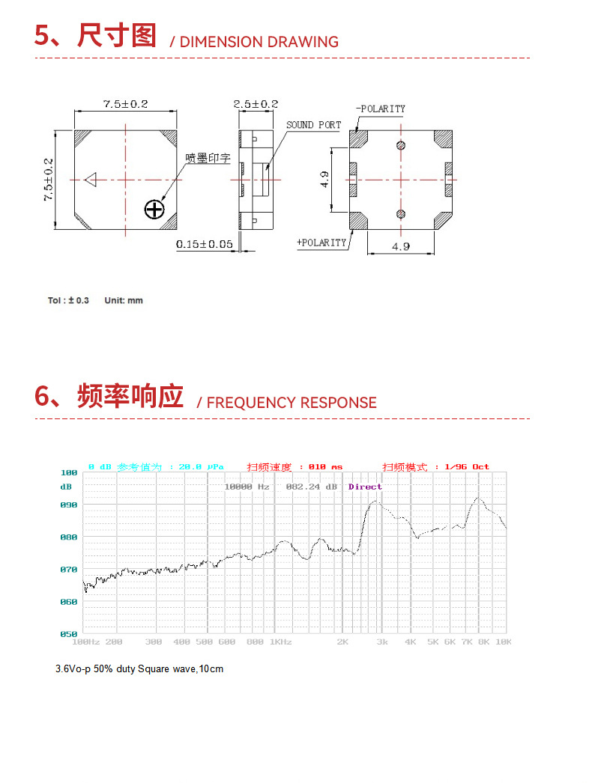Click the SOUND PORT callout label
(x=313, y=125)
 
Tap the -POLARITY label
(x=381, y=109)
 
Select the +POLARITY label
(x=322, y=243)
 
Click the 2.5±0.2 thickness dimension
(x=256, y=104)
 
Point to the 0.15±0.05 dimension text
(x=205, y=244)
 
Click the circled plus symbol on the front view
(x=154, y=209)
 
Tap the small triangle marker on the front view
(x=91, y=180)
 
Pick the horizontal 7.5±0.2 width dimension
(x=125, y=104)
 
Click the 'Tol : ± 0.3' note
(x=68, y=300)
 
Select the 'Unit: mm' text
(x=123, y=300)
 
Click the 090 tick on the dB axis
(x=69, y=505)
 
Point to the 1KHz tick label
(x=280, y=642)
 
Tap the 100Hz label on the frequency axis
(x=85, y=642)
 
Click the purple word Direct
(x=365, y=487)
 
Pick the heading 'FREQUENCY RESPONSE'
(x=292, y=403)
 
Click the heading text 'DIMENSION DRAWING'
(x=259, y=42)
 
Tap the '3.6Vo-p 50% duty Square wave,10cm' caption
(x=139, y=668)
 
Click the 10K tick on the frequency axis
(x=504, y=642)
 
